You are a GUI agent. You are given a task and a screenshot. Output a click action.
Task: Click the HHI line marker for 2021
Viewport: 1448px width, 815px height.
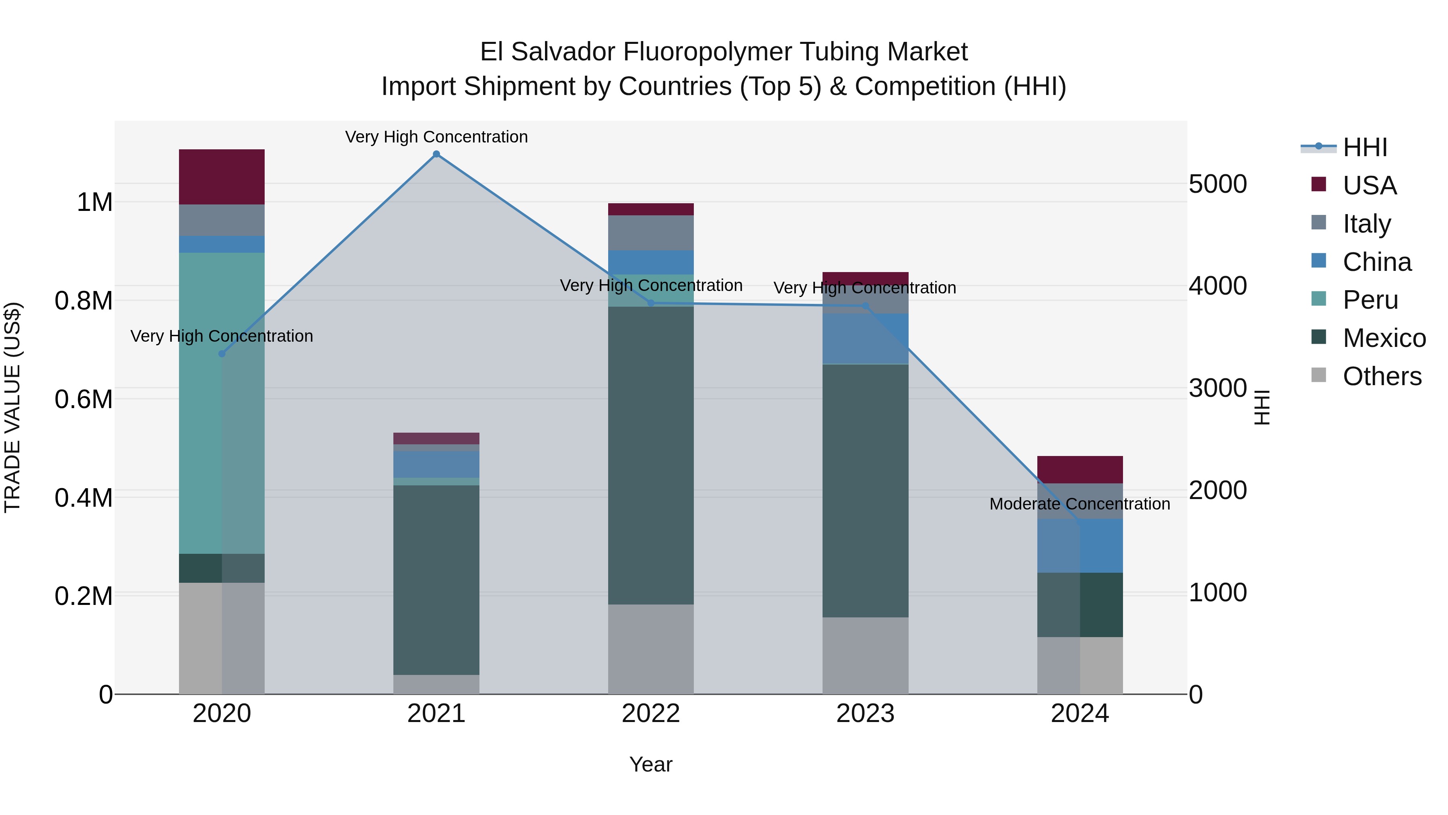436,154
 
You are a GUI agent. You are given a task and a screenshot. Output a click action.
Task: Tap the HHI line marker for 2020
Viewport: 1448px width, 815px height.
222,354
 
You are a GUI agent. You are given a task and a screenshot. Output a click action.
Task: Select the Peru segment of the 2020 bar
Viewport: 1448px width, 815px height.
222,403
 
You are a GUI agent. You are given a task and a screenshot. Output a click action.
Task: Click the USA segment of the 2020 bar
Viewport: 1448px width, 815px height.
222,177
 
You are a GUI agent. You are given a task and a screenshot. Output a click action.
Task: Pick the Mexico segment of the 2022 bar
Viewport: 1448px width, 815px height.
651,456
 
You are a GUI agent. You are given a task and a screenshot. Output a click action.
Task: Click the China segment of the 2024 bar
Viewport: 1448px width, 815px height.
1080,546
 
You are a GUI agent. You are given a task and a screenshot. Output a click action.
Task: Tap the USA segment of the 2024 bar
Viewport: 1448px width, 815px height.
1080,469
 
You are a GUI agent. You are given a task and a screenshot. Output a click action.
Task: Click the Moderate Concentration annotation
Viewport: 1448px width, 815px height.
1080,504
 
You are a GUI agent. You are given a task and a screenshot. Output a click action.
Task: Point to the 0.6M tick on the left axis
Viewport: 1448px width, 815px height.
84,399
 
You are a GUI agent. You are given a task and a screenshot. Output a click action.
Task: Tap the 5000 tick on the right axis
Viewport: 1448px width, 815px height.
1218,184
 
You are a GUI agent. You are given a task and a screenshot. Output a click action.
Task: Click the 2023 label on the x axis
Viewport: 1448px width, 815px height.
865,714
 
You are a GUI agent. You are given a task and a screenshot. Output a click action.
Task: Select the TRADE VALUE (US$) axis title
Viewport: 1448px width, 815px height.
13,407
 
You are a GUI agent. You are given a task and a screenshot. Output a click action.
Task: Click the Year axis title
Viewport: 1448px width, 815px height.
651,764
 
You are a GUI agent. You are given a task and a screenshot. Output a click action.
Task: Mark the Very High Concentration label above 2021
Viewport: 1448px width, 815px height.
436,137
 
